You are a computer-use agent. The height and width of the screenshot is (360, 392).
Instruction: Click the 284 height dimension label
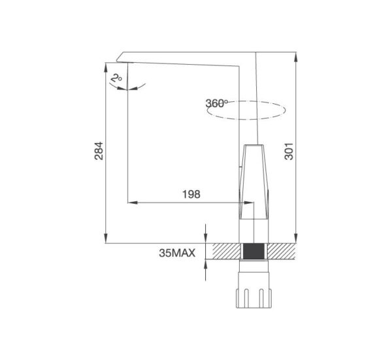pos(99,151)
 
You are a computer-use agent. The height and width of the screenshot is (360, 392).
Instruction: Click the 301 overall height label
pos(289,151)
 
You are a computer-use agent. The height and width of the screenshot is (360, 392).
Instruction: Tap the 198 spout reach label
pos(191,194)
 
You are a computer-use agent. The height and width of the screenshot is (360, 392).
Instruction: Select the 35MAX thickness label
pos(177,253)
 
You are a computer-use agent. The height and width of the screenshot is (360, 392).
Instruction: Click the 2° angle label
pos(116,78)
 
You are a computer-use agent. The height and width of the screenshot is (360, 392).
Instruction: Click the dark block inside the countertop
pos(253,252)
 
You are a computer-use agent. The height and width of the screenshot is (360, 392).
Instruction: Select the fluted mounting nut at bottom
pos(253,298)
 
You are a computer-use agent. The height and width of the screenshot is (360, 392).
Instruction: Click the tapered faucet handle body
pos(253,182)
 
